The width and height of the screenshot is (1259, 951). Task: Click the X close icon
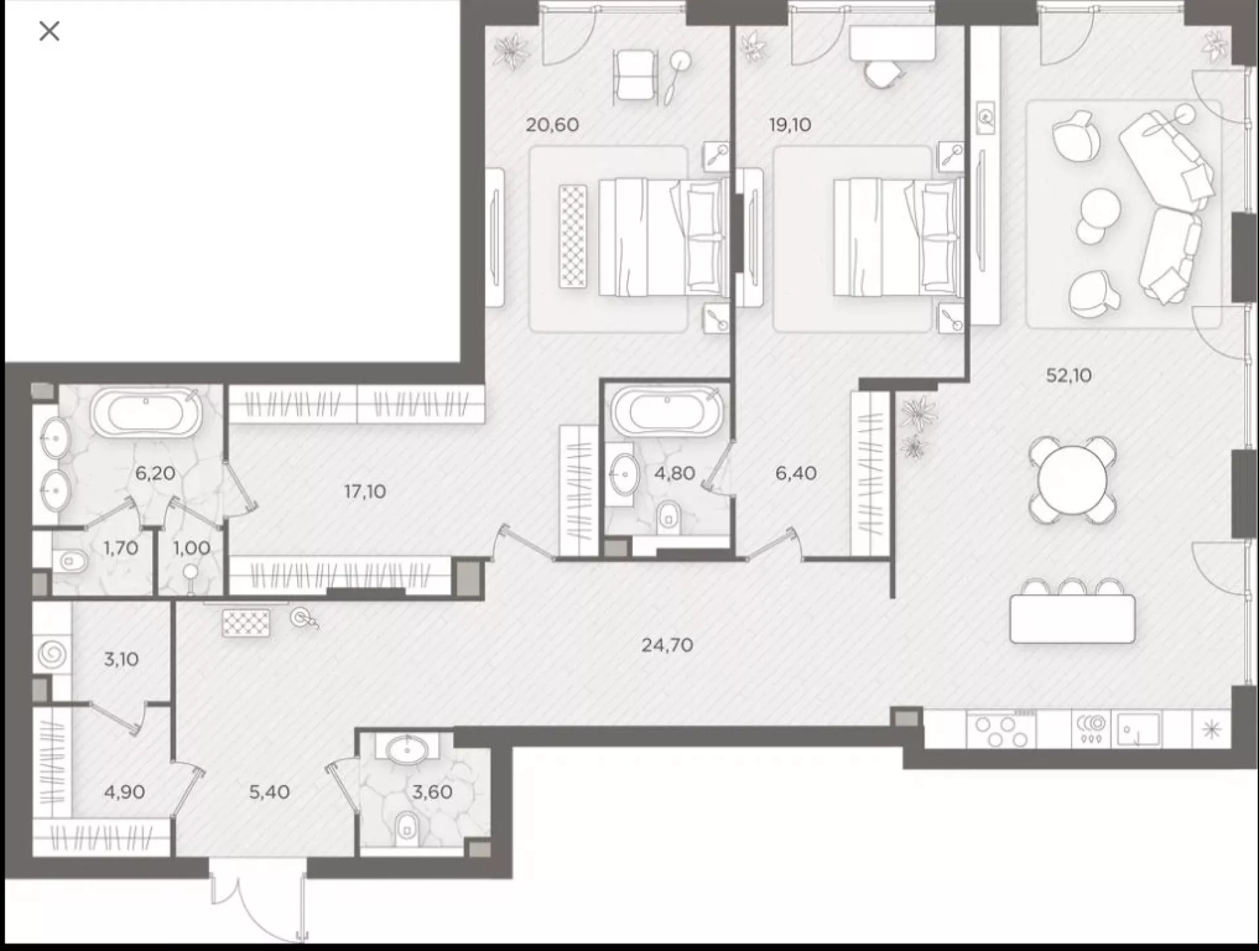[49, 31]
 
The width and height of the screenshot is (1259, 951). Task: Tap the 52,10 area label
[1068, 375]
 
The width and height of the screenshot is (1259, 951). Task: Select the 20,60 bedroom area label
[552, 125]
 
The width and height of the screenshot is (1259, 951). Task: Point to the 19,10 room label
[790, 125]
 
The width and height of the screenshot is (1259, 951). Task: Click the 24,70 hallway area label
[667, 645]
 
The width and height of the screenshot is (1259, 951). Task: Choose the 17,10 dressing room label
[365, 491]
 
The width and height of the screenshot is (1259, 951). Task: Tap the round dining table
[1072, 481]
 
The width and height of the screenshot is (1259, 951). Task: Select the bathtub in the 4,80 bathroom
[667, 411]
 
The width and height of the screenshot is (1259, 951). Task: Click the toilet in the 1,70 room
[70, 561]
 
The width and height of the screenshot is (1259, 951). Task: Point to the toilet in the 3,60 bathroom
[407, 828]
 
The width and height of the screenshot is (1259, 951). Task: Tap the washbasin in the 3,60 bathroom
[408, 748]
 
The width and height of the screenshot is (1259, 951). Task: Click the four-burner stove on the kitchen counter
[1001, 729]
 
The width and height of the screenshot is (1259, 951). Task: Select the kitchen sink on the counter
[1138, 729]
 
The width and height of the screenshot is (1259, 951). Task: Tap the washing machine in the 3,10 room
[52, 654]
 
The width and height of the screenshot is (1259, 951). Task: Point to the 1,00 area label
[191, 548]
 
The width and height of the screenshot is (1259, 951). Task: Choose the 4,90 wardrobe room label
[124, 792]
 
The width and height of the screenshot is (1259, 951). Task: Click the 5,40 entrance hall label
[269, 792]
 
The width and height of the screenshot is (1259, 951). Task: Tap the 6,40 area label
[795, 473]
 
